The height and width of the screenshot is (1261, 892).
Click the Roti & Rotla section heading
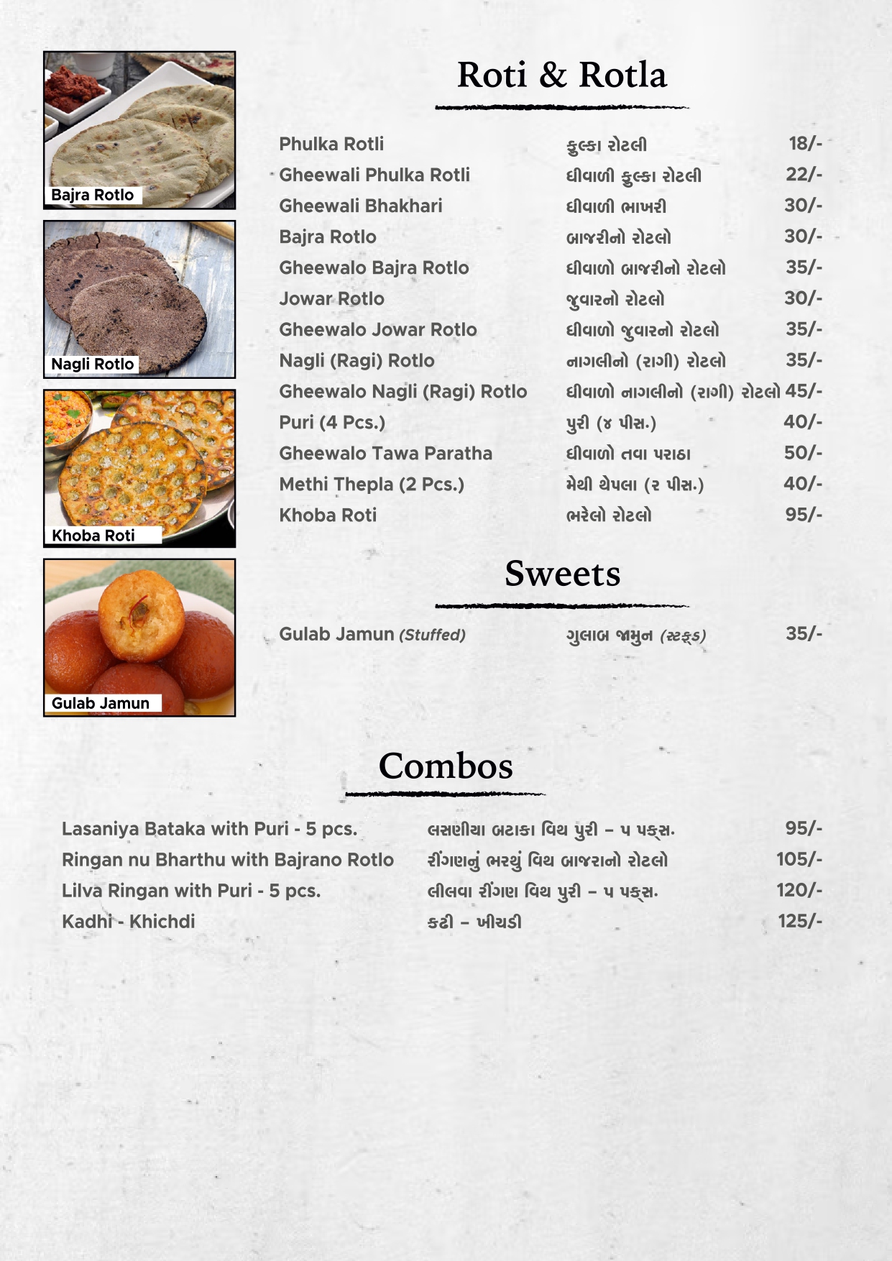[561, 75]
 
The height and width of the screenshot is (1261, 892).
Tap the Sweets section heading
[562, 574]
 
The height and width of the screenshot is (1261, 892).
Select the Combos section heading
[446, 766]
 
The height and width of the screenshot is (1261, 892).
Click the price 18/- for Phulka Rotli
[804, 144]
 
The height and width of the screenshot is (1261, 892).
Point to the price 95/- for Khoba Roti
[804, 515]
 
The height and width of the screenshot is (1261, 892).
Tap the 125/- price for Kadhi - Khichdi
[799, 921]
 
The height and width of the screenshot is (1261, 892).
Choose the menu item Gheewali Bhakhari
[360, 206]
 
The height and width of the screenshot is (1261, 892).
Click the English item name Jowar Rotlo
[331, 298]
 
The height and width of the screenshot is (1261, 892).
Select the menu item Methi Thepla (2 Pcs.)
[371, 484]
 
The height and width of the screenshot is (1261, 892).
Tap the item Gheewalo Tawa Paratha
[385, 453]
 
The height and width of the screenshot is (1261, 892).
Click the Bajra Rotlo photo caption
[92, 195]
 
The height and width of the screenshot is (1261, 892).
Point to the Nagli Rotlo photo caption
[92, 364]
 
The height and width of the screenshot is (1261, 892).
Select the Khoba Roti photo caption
[93, 535]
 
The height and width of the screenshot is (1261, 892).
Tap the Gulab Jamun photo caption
[100, 703]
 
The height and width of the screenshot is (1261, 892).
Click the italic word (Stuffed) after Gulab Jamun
[432, 635]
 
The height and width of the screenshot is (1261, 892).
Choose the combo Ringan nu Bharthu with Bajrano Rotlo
[227, 860]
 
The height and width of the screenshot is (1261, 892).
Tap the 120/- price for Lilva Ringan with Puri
[799, 890]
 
